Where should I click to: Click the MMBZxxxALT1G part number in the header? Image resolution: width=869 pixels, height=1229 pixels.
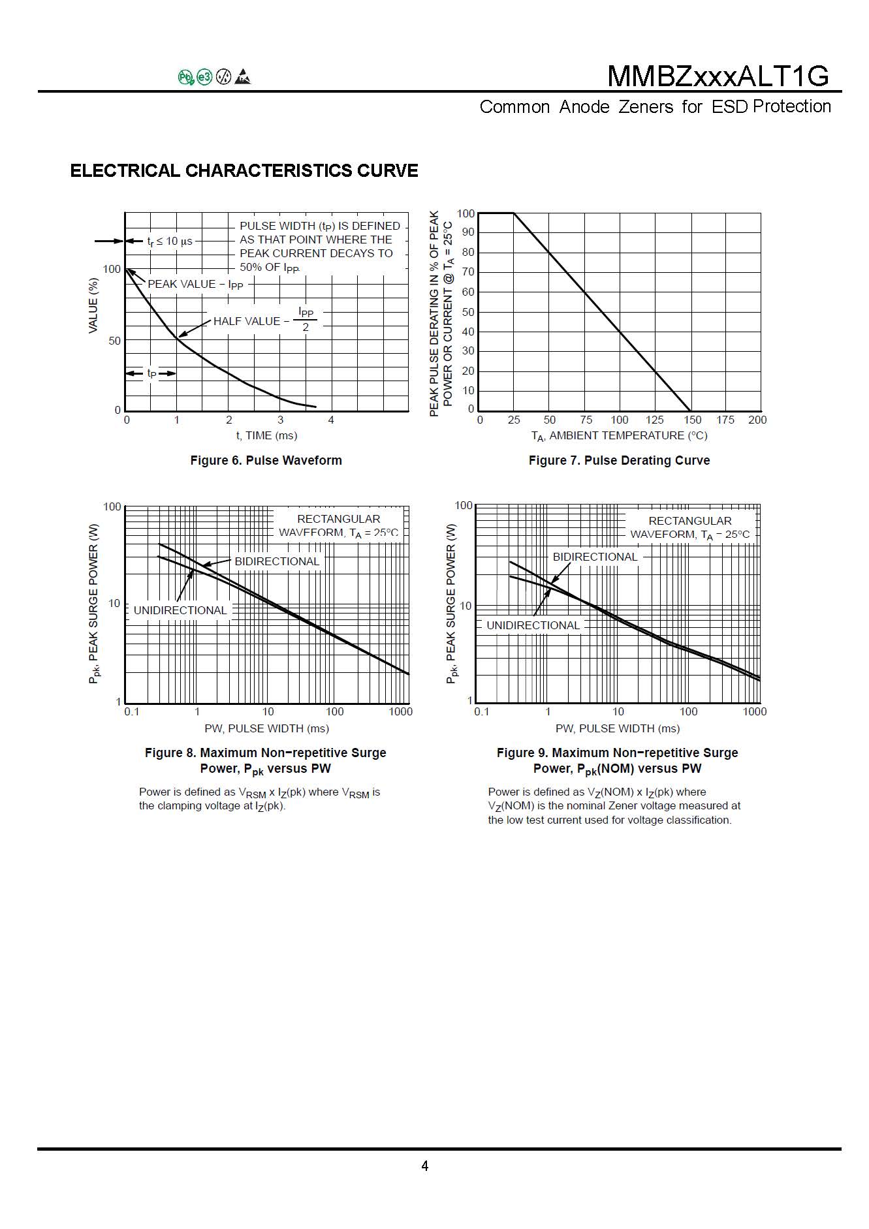click(718, 76)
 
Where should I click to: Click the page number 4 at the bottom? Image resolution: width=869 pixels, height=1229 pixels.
click(425, 1166)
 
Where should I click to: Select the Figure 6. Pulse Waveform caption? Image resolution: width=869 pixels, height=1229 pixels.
click(266, 460)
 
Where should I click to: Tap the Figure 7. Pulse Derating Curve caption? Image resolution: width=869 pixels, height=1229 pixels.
click(619, 460)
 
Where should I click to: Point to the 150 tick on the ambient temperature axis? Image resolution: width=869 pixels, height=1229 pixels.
click(692, 420)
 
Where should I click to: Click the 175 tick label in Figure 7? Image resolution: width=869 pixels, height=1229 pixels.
click(725, 420)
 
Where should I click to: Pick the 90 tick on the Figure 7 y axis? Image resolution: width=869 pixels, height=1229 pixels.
click(467, 232)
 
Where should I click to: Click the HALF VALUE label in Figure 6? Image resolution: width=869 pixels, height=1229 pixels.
click(247, 321)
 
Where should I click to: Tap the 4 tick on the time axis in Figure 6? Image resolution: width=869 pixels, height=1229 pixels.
click(331, 420)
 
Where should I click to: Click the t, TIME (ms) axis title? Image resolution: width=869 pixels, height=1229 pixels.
click(266, 435)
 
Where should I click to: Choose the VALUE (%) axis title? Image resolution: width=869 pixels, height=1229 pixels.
click(93, 305)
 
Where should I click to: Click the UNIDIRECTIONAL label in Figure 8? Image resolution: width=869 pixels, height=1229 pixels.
click(180, 610)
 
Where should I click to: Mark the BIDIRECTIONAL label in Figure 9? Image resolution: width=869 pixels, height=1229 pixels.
click(595, 557)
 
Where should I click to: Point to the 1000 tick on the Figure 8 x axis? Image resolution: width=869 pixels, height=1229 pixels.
click(400, 711)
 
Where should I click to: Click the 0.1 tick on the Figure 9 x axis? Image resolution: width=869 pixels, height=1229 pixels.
click(481, 711)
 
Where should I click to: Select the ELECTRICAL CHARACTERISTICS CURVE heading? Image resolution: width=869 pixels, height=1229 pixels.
click(244, 170)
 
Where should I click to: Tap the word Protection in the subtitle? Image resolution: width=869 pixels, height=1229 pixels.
click(791, 106)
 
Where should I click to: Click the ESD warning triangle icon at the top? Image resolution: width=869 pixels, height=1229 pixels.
click(244, 77)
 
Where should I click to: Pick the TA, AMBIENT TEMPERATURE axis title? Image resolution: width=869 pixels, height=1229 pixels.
click(619, 435)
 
